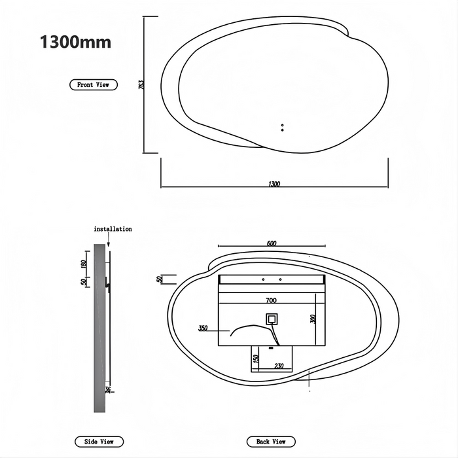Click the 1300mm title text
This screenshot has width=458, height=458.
tap(75, 43)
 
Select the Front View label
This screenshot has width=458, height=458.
tap(94, 85)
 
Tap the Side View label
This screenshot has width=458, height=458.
tap(99, 442)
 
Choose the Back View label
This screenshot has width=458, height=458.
tap(271, 442)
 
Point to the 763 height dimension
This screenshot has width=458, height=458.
tap(141, 85)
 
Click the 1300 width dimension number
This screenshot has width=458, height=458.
tap(274, 184)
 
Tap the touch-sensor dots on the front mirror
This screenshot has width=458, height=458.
tap(282, 127)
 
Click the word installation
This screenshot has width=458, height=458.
tap(113, 229)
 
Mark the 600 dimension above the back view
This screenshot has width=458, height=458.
tap(272, 243)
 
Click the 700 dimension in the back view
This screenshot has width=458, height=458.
tap(271, 300)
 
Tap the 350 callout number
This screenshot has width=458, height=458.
tap(203, 328)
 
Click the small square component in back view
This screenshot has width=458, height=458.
tap(271, 320)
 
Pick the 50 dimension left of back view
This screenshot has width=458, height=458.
tap(159, 279)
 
